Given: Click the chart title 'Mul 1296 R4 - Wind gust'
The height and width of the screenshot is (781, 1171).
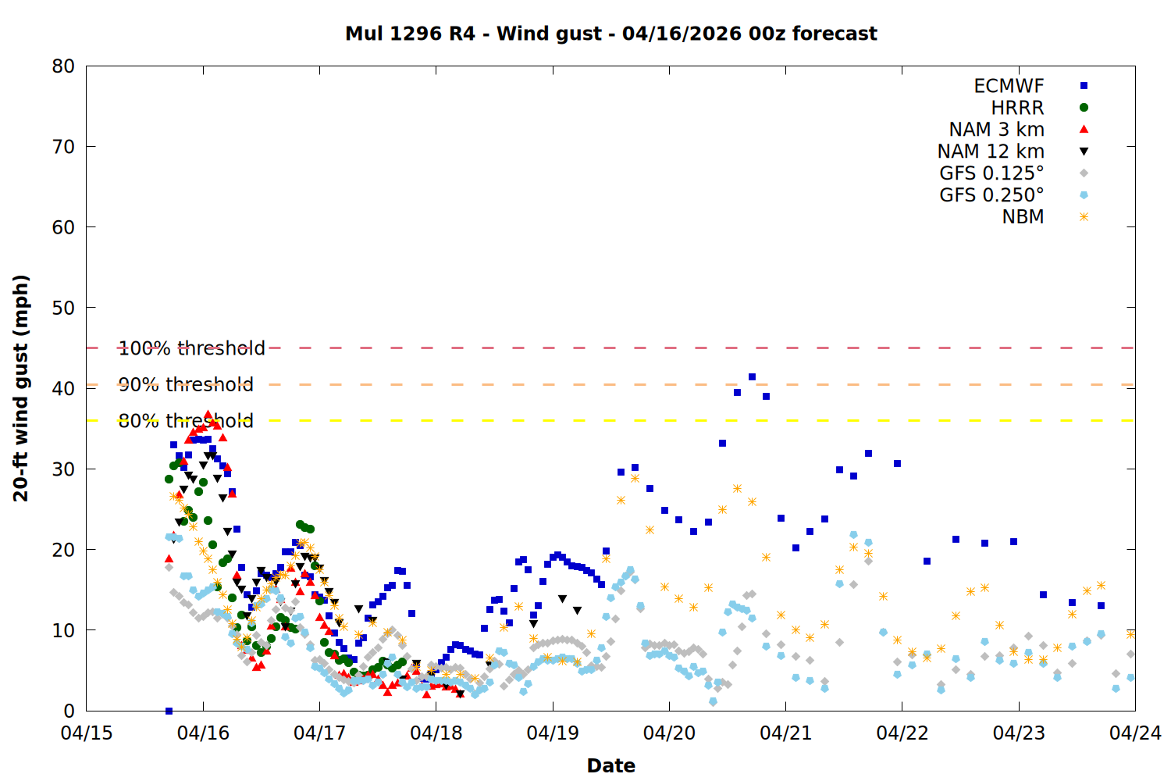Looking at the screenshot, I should (610, 34).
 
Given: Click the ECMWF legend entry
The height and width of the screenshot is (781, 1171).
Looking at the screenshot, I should (1009, 86).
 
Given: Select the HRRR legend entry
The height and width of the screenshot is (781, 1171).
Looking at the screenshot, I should (1017, 108).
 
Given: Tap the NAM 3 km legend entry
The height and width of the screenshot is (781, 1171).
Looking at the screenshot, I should (996, 130).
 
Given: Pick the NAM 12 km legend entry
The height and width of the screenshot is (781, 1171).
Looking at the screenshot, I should (991, 152).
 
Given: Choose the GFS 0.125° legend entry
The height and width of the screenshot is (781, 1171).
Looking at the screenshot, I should (991, 173).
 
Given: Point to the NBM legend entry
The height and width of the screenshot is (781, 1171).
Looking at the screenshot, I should (1023, 217).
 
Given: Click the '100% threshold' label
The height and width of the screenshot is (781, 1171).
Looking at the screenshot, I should (191, 348).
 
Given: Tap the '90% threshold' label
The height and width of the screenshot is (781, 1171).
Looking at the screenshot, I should (186, 384).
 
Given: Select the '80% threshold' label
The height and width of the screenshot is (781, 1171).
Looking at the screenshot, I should (186, 421).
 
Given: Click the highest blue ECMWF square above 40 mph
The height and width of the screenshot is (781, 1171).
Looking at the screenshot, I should (752, 376).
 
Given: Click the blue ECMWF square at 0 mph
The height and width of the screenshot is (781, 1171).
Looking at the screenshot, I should (169, 711).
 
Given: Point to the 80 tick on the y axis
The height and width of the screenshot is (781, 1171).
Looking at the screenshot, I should (63, 66).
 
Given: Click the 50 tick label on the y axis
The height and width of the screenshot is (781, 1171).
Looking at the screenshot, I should (63, 308).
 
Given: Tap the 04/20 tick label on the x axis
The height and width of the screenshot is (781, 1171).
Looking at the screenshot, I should (669, 733).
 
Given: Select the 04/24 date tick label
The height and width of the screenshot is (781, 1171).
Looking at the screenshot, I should (1135, 733).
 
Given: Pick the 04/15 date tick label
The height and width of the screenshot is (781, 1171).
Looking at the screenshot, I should (86, 733).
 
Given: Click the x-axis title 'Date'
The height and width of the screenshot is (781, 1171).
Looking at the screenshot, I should (610, 765).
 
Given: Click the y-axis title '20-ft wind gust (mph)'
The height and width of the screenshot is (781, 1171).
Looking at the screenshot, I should (21, 388).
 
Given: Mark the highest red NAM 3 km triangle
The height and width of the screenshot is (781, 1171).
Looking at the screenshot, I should (208, 415).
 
